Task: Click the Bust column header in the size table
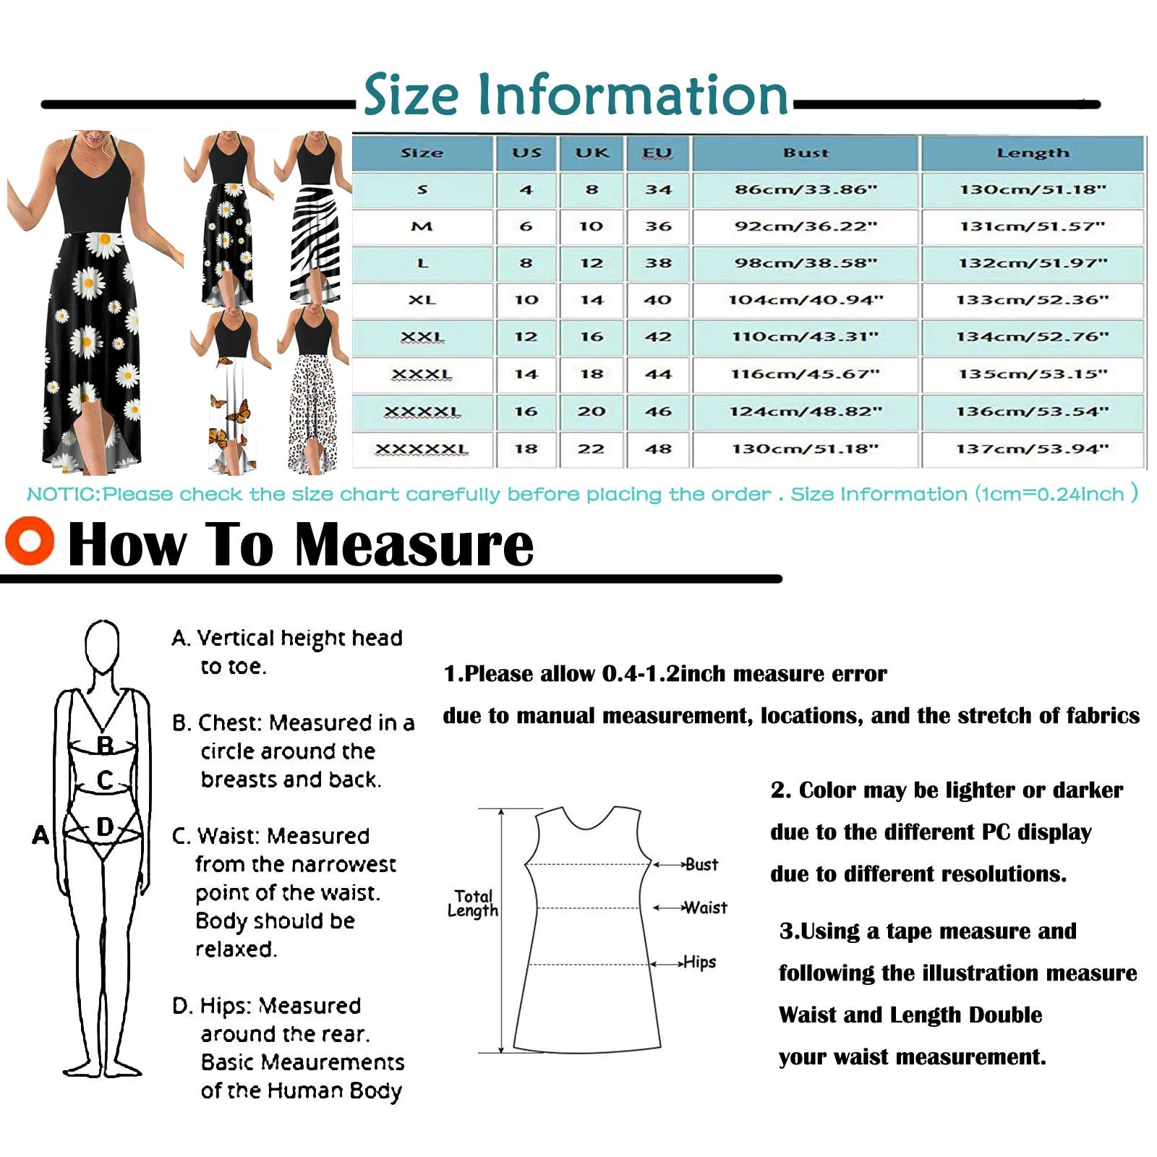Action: coord(806,153)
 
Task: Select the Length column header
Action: coord(1032,153)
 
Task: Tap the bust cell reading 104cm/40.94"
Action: coord(806,300)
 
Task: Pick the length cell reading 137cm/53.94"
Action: coord(1032,449)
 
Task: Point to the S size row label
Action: coord(422,190)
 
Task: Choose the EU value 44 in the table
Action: coord(658,375)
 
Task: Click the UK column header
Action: coord(592,153)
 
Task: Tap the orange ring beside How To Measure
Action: coord(30,541)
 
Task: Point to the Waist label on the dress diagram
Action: coord(705,908)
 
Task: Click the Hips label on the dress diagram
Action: coord(699,962)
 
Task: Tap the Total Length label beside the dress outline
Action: coord(473,903)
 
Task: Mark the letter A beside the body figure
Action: coord(40,835)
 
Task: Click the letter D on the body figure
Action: coord(105,827)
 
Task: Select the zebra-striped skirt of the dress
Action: coord(315,246)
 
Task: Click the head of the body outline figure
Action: coord(102,643)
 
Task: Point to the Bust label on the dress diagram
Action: coord(701,864)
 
